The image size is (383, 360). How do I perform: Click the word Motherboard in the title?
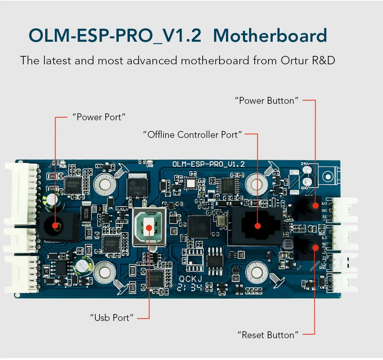270,36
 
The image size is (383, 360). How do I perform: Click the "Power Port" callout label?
99,117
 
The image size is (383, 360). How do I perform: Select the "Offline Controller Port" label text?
193,134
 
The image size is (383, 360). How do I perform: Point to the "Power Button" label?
267,101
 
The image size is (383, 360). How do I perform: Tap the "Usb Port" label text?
112,317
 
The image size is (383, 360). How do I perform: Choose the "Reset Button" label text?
268,335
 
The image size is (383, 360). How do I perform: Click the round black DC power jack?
55,226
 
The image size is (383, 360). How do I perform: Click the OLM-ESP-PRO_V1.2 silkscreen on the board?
208,164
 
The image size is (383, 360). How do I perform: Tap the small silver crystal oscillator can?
221,221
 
